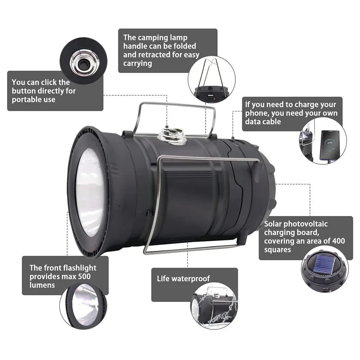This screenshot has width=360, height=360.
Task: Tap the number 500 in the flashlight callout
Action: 84,276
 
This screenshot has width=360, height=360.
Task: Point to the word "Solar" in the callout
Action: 273,224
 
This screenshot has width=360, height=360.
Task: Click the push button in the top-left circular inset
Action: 83,64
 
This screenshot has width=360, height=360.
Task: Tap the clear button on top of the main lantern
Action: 172,136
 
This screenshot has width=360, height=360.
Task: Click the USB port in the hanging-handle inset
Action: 210,95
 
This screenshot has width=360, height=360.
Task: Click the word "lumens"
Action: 42,285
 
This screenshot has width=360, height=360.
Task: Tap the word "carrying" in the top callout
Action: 138,63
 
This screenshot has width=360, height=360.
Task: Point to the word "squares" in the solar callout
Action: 277,250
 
